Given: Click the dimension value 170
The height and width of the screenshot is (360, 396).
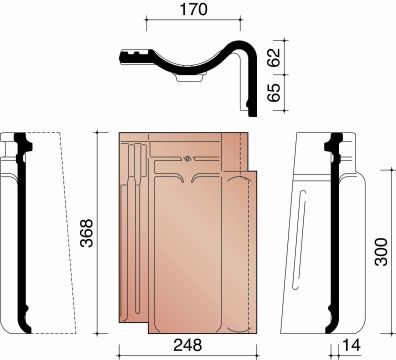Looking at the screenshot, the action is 193,9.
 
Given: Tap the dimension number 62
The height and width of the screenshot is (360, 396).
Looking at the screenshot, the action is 274,57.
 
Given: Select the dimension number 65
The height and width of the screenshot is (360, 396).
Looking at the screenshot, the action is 274,92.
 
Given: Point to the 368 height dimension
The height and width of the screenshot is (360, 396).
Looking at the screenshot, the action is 87,233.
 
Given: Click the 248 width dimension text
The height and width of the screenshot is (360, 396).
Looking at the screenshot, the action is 188,345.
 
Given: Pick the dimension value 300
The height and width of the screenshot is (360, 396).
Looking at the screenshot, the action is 381,252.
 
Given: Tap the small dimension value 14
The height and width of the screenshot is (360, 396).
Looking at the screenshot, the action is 351,345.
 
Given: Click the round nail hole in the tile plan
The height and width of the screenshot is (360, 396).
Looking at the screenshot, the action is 187,159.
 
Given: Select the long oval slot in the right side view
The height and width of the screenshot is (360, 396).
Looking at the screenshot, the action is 299,239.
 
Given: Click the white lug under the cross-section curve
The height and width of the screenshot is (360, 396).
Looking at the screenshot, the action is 189,78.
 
